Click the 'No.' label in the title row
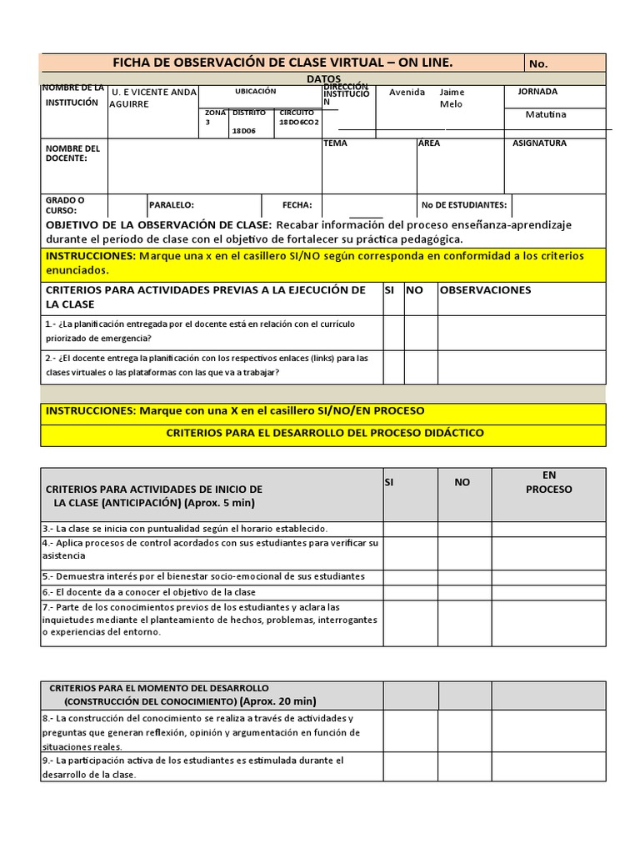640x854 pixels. (538, 63)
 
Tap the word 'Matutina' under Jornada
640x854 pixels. (546, 114)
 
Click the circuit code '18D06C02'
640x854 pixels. (298, 122)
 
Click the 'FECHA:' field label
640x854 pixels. (297, 204)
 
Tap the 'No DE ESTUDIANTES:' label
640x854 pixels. (463, 204)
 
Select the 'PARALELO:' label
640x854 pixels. (171, 204)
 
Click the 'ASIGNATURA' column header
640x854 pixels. (539, 143)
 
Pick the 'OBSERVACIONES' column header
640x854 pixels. (484, 290)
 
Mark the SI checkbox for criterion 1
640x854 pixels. (392, 332)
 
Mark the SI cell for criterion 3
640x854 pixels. (410, 529)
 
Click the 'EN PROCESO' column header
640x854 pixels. (548, 482)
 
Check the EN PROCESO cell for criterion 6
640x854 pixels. (548, 592)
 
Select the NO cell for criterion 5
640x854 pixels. (464, 576)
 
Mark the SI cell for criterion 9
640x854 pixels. (410, 768)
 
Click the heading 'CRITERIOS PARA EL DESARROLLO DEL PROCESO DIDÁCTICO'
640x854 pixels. (324, 434)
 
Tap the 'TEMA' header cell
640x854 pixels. (336, 143)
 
